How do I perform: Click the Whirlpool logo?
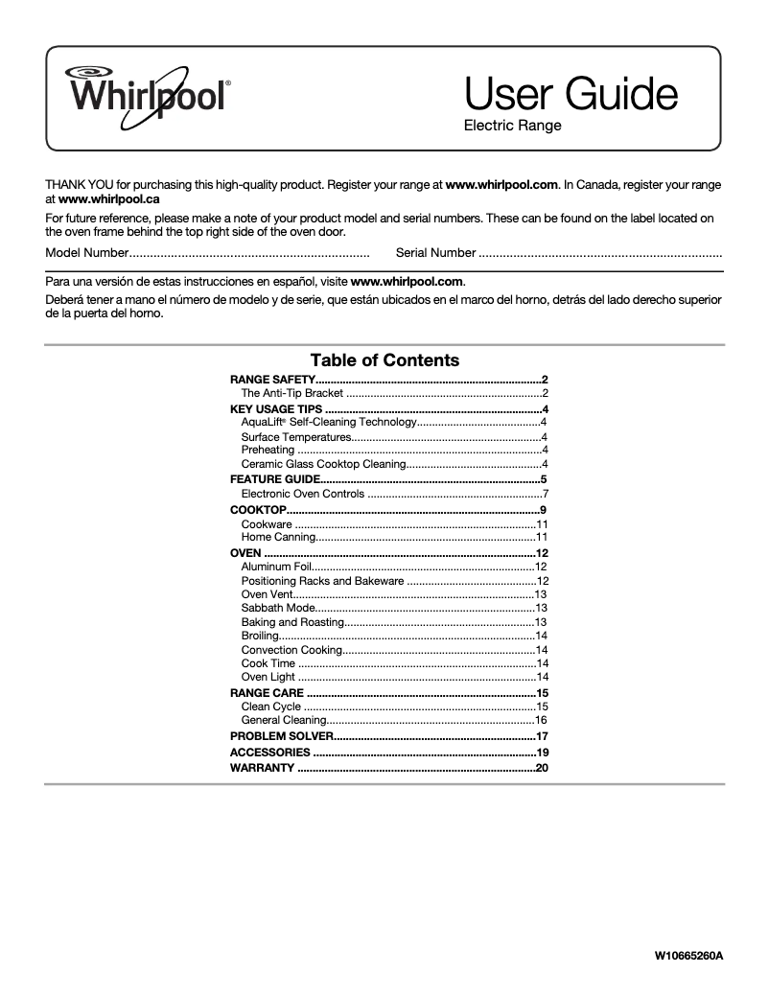[146, 91]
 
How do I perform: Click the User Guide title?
[571, 95]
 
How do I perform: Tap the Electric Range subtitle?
[512, 126]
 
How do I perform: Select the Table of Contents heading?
[384, 360]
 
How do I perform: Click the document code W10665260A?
[688, 956]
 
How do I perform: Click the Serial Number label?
[435, 253]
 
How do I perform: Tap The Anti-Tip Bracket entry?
[292, 393]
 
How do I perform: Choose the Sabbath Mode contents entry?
[277, 608]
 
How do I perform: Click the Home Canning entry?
[278, 538]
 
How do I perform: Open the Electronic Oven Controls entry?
[303, 494]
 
